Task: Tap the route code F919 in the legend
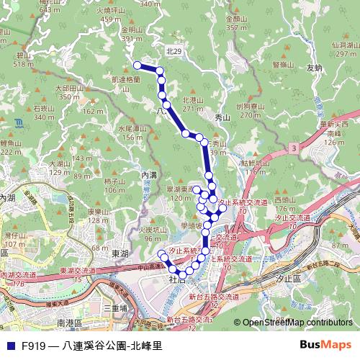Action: (x=33, y=346)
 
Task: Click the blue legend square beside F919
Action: (x=9, y=346)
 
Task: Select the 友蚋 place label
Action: (x=313, y=68)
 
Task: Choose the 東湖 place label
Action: (x=120, y=254)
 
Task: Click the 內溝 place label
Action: (x=149, y=174)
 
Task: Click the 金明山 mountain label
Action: (x=132, y=30)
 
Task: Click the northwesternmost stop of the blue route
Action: (x=138, y=65)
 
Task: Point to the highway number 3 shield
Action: (x=294, y=148)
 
